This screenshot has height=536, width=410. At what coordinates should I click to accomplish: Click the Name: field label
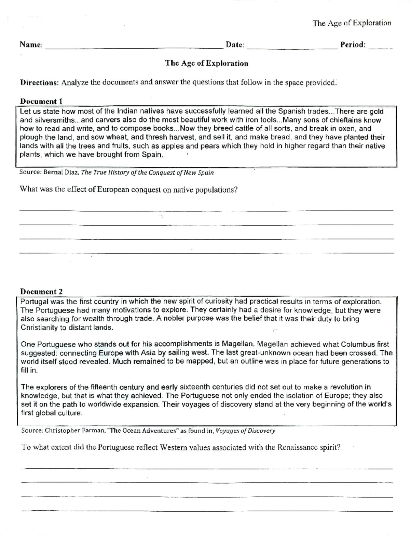pyautogui.click(x=31, y=45)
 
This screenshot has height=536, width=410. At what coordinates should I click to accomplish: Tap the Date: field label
pyautogui.click(x=235, y=45)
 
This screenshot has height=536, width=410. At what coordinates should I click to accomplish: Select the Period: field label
pyautogui.click(x=353, y=45)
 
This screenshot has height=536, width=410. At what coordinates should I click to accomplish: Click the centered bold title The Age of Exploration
pyautogui.click(x=207, y=63)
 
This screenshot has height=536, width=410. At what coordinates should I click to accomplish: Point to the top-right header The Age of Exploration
pyautogui.click(x=352, y=23)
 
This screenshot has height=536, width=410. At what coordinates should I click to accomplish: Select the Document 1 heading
pyautogui.click(x=41, y=101)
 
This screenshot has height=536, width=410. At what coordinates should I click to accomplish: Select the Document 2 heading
pyautogui.click(x=41, y=292)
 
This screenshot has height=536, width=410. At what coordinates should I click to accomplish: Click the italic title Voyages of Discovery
pyautogui.click(x=245, y=431)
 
